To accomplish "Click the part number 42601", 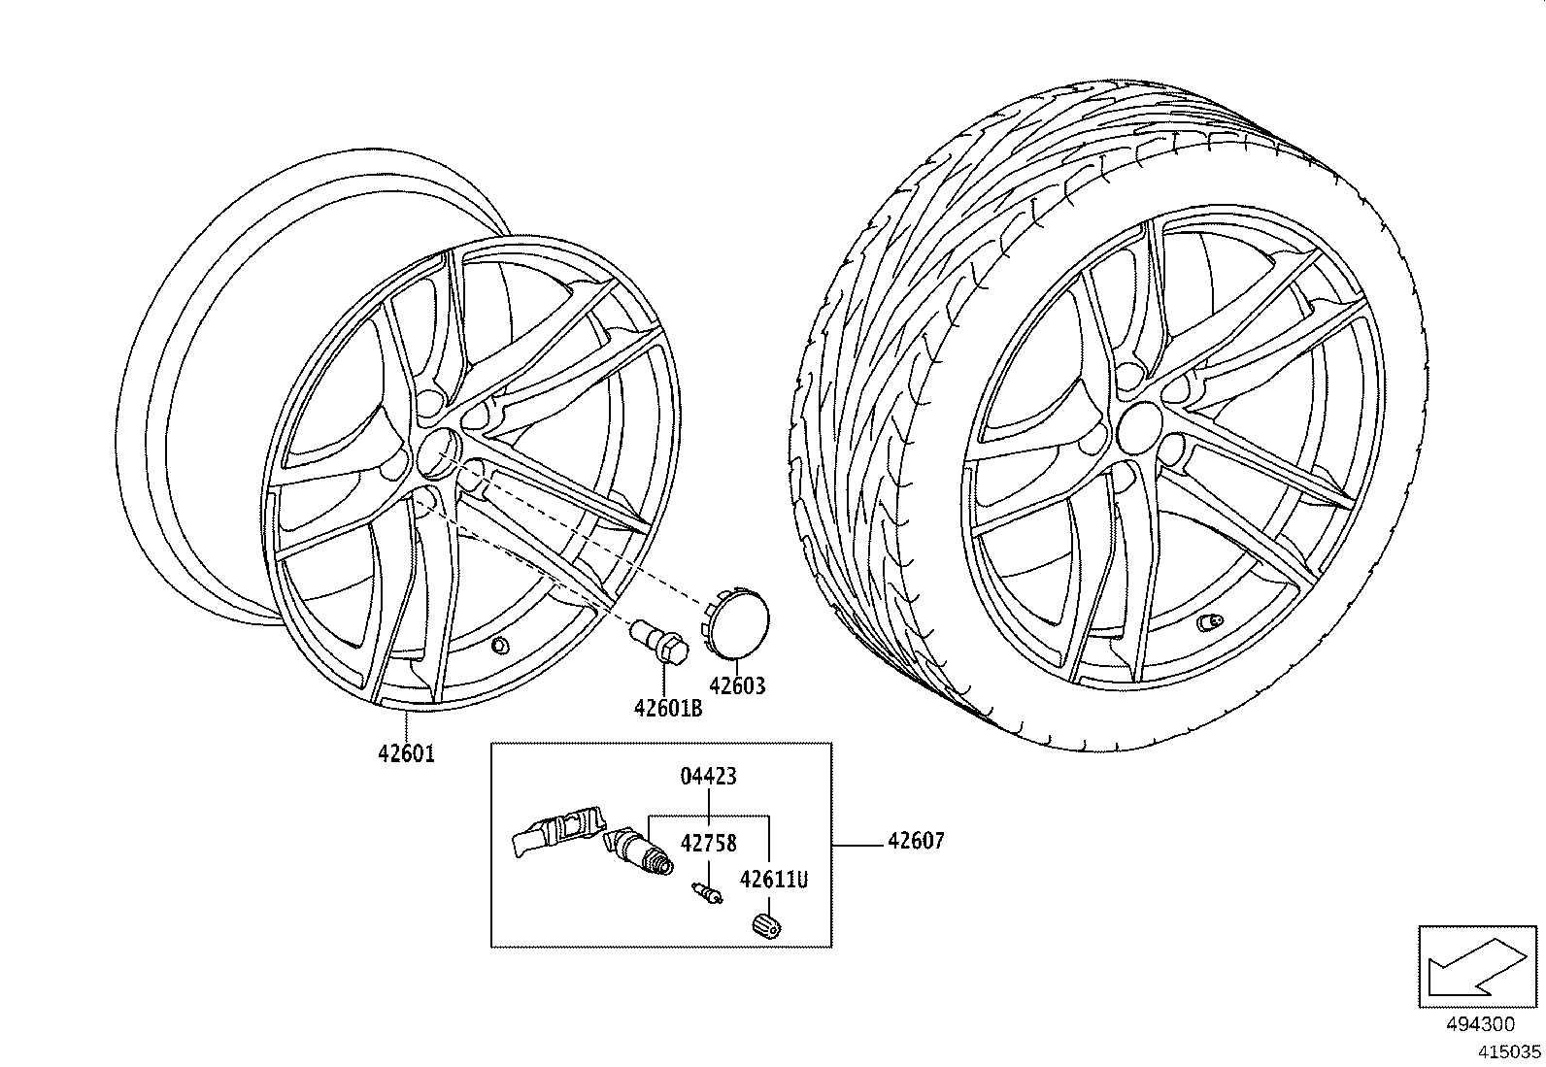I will pos(406,753).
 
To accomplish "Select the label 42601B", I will pos(667,708).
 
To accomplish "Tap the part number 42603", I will pos(737,686).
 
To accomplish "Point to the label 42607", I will pos(915,841).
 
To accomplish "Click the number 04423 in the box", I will pos(708,776).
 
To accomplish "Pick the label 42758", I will pos(708,843).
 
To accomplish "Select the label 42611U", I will pos(773,880).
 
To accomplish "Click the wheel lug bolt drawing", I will pos(659,643).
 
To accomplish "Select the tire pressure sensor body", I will pos(555,833).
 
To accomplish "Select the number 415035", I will pos(1509,1050).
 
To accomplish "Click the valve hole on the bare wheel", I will pos(501,646).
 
